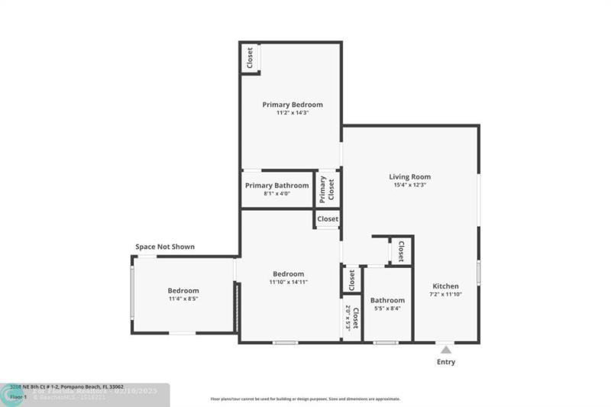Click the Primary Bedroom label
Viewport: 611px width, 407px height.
tap(293, 105)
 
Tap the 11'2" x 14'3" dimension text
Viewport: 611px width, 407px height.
tap(293, 113)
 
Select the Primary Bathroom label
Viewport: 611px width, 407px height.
tap(276, 186)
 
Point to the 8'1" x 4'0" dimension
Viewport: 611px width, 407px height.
tap(276, 194)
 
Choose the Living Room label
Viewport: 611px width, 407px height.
tap(410, 176)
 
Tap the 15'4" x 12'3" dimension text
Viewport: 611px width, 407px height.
tap(410, 185)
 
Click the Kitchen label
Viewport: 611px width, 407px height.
tap(445, 286)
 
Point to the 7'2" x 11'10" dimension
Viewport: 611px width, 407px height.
tap(445, 295)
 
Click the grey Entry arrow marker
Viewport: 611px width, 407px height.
tap(445, 349)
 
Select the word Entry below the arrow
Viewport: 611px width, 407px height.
tap(445, 362)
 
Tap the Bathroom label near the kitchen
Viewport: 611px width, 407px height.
tap(387, 300)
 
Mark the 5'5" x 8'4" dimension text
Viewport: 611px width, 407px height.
tap(387, 308)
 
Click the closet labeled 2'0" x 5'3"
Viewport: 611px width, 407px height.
tap(351, 317)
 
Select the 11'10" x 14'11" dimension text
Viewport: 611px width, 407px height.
tap(288, 283)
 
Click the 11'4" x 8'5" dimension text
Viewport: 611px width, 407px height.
tap(183, 299)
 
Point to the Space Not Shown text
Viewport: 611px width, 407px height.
tap(165, 247)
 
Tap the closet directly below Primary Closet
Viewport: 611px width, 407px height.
tap(328, 219)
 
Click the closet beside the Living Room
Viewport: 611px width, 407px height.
tap(400, 250)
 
